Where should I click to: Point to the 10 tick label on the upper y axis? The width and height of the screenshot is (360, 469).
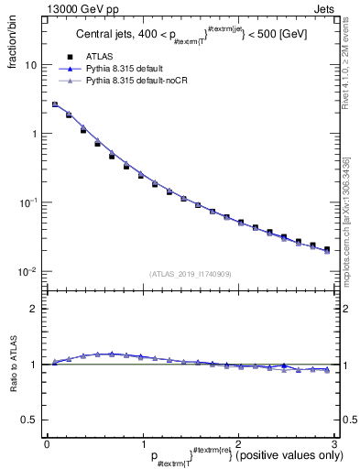click(29, 66)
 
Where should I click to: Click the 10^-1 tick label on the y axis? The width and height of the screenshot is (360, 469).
click(27, 203)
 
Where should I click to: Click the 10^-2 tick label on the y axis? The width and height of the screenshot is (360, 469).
click(27, 272)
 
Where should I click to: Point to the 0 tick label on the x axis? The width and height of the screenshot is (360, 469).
click(47, 442)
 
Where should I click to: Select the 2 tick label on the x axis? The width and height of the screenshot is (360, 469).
click(238, 442)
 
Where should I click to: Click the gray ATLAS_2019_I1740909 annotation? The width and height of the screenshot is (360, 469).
click(190, 274)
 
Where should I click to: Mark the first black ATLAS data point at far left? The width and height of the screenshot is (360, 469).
click(55, 105)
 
